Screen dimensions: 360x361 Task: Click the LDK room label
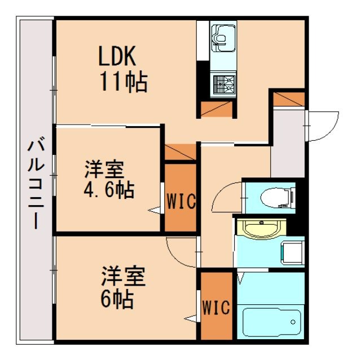click(117, 57)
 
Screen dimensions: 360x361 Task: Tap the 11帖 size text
click(124, 83)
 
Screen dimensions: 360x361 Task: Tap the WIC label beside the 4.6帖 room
click(180, 201)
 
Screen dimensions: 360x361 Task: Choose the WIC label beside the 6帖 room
click(217, 308)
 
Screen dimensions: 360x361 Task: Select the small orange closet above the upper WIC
click(180, 152)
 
